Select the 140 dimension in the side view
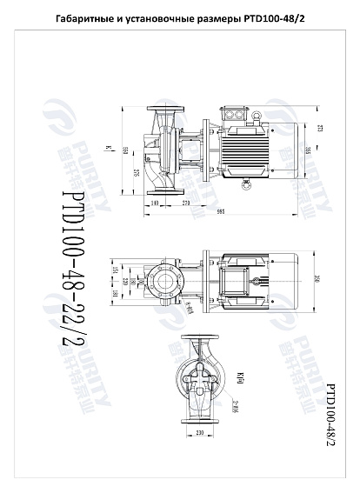[x=155, y=203]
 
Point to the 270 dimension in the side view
[x=186, y=203]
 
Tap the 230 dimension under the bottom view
[x=199, y=433]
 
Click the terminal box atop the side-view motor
[x=246, y=113]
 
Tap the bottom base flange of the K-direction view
[x=199, y=419]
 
